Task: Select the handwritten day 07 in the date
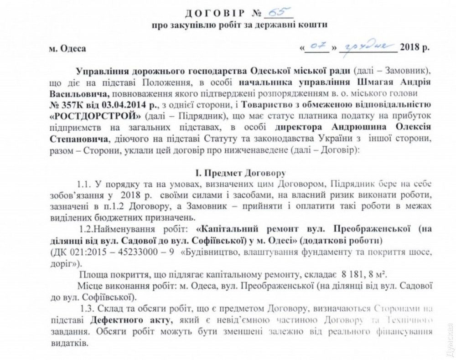tap(317, 46)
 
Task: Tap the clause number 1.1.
tap(84, 184)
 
